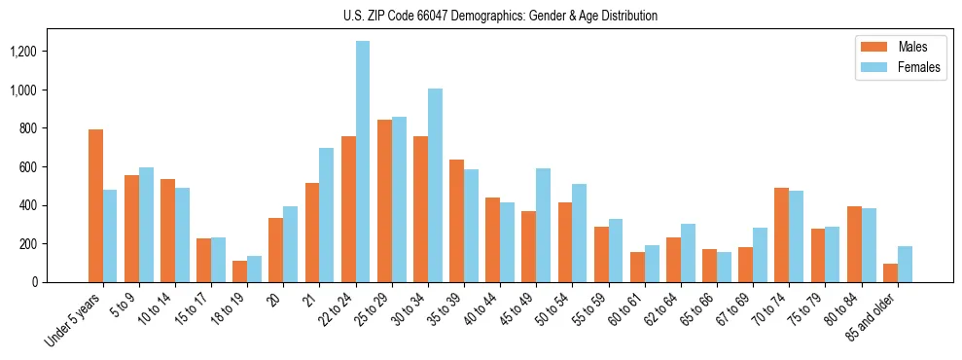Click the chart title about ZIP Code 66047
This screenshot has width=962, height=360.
pyautogui.click(x=500, y=16)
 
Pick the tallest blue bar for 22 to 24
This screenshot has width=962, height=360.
pyautogui.click(x=363, y=162)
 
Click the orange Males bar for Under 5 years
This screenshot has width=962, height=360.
pyautogui.click(x=95, y=205)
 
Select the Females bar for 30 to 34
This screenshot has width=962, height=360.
pyautogui.click(x=435, y=185)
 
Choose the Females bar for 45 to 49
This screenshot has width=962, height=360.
pyautogui.click(x=543, y=225)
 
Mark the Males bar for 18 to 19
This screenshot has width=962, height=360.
pyautogui.click(x=240, y=271)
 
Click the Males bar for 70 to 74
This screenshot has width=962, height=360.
pyautogui.click(x=782, y=234)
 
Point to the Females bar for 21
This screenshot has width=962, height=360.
pyautogui.click(x=327, y=215)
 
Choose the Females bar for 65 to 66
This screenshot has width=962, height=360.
pyautogui.click(x=724, y=267)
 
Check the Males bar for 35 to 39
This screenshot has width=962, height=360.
pyautogui.click(x=456, y=221)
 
